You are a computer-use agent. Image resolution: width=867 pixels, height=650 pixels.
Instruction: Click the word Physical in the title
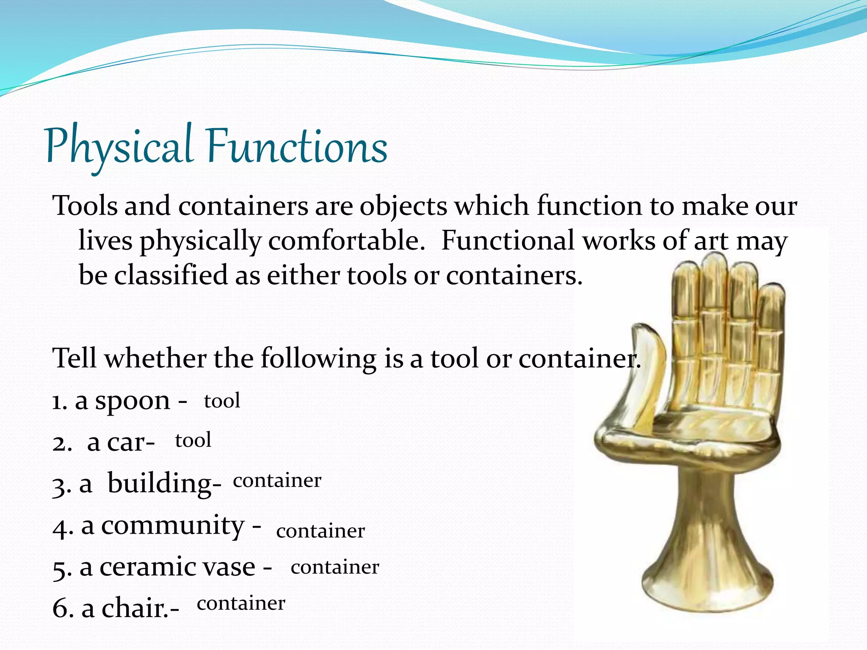pos(119,146)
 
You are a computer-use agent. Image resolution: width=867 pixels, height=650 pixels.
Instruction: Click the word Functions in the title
pos(296,146)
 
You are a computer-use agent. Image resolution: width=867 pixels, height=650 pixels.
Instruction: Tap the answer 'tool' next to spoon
pos(222,401)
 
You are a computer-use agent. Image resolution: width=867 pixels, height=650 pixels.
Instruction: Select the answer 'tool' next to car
pos(193,441)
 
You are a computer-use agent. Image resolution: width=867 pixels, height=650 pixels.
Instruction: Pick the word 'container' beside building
pos(277,481)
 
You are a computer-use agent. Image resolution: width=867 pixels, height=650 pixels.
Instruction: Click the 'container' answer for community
pos(320,531)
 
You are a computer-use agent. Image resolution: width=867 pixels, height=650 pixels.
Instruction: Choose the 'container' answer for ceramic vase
pos(335,567)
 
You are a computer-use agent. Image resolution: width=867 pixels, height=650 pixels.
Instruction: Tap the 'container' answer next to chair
pos(241,603)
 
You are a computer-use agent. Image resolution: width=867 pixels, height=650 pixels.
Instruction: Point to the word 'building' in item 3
pos(164,483)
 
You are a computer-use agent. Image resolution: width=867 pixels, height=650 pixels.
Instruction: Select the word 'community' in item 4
pos(173,526)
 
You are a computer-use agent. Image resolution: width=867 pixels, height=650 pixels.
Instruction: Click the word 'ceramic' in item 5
pos(143,567)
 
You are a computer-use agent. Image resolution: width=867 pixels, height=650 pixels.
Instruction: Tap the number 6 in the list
pos(61,609)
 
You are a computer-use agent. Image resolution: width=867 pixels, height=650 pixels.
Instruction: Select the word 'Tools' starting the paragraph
pos(85,206)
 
